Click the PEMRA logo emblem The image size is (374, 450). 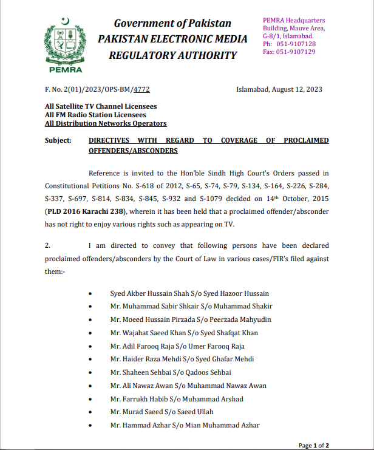(61, 41)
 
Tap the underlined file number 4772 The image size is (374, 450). (141, 90)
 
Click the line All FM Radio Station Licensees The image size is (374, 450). (95, 115)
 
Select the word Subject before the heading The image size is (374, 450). (59, 140)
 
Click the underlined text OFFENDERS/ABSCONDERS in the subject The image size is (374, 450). (133, 150)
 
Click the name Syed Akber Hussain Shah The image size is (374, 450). (148, 293)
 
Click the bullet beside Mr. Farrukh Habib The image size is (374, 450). (90, 399)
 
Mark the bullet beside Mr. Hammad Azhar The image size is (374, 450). (90, 426)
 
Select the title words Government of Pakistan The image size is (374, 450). (172, 24)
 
